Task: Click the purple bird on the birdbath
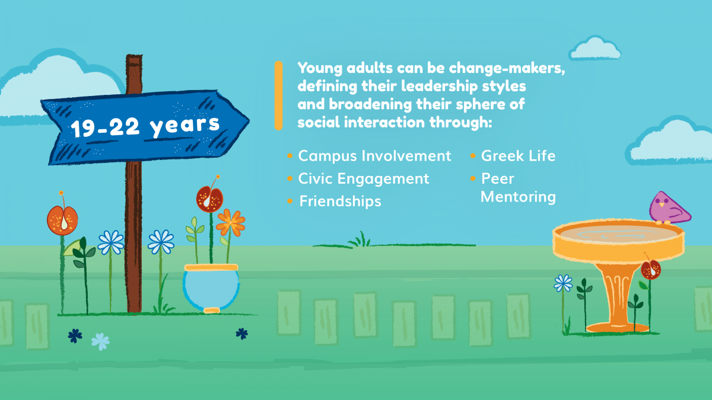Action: [669, 209]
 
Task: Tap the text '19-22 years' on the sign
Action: [145, 126]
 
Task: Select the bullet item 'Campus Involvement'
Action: [374, 156]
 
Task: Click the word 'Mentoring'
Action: [518, 197]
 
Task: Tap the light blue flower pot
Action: [211, 288]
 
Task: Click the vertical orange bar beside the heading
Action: [278, 95]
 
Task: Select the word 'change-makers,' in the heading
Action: [507, 68]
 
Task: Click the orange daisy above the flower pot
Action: [230, 223]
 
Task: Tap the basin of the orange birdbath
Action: [618, 241]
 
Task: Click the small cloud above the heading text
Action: [595, 48]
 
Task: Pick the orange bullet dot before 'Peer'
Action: [473, 179]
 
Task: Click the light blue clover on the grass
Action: [100, 341]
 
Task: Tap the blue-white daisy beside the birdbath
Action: [563, 283]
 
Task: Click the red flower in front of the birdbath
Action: [651, 270]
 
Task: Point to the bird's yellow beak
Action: [662, 205]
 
